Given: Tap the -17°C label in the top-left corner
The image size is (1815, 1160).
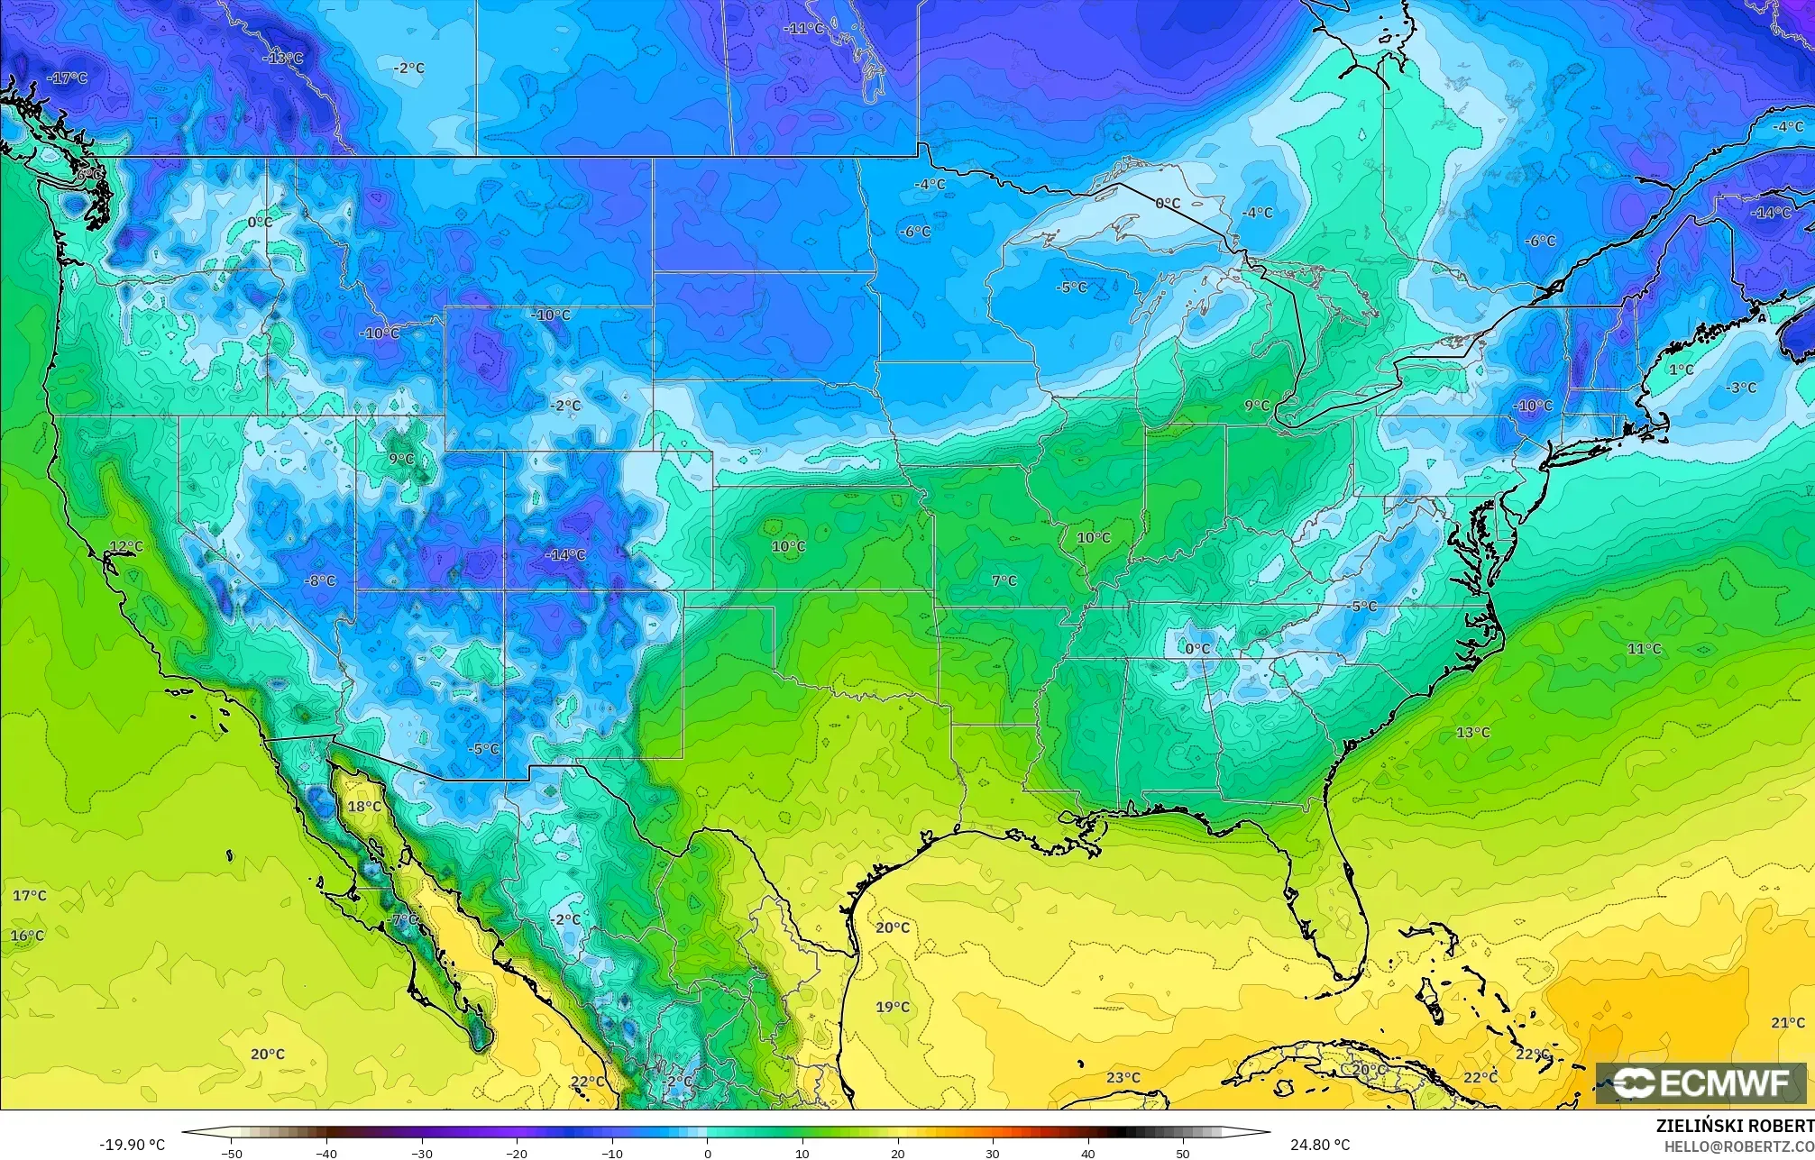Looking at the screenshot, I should [68, 78].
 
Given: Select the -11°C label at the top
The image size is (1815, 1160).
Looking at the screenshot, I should [804, 29].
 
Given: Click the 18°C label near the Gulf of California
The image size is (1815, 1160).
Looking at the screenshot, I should [364, 806].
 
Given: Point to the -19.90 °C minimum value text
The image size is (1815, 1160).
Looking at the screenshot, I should [132, 1145].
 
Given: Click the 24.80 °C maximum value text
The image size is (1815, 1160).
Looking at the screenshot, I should [1319, 1145].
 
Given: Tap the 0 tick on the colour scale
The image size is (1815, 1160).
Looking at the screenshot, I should [707, 1153].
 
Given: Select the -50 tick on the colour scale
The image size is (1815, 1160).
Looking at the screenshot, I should [232, 1153].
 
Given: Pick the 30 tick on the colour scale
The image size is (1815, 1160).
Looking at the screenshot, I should [993, 1153].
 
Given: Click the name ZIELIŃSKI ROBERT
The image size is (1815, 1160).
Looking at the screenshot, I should [1735, 1126].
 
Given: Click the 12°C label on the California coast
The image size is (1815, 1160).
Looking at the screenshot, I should [126, 546].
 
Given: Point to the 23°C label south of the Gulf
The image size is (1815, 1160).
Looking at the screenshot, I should [1123, 1077].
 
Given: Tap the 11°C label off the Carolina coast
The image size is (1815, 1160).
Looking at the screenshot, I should [1644, 648].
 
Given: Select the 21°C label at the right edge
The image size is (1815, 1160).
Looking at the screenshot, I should [1787, 1022].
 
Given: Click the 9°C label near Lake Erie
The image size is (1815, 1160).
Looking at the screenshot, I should [1257, 406].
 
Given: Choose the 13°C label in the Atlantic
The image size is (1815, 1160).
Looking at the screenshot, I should [1473, 732].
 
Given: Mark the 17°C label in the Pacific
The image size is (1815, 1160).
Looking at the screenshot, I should [29, 895].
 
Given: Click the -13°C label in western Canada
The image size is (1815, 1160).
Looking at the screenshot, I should [283, 58].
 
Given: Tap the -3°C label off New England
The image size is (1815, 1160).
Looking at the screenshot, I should [1741, 388].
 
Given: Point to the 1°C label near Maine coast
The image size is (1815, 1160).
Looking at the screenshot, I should [1681, 370].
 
